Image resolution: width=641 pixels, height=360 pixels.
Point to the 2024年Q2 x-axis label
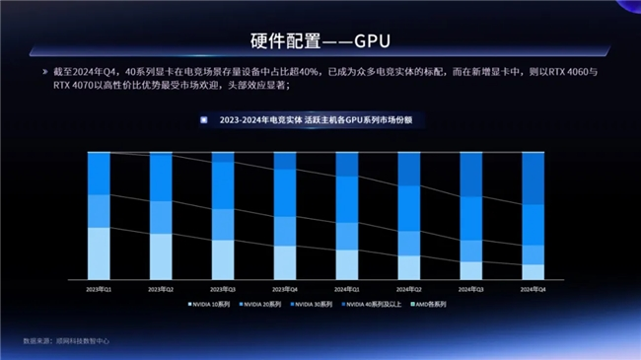tap(408, 289)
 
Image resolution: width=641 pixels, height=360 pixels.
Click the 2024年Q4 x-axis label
tap(533, 289)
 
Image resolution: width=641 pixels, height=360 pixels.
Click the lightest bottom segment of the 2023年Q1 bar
tap(100, 253)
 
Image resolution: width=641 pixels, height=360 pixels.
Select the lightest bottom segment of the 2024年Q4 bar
tap(533, 271)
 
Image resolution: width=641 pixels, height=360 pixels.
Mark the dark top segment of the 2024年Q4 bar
tap(533, 178)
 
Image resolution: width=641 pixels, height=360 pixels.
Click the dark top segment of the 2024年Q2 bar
tap(408, 169)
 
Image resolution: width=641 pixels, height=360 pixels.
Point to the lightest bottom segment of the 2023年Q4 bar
tap(285, 261)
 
